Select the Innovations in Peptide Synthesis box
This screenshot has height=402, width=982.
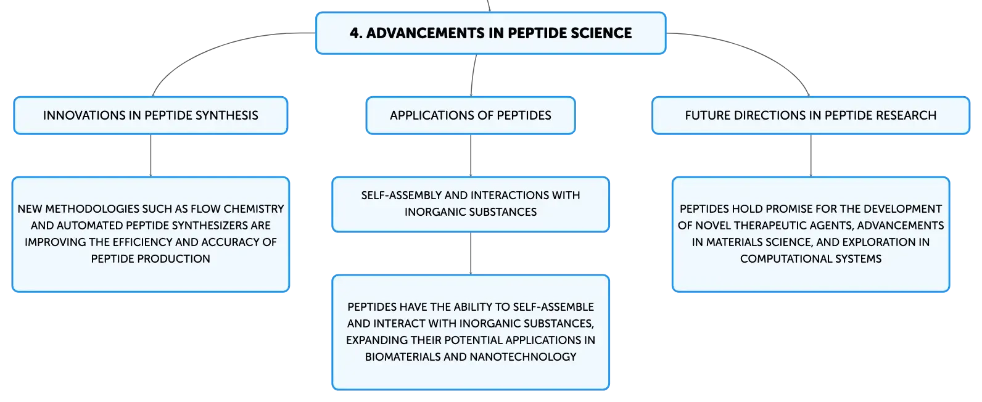click(x=151, y=115)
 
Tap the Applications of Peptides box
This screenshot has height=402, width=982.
click(x=471, y=115)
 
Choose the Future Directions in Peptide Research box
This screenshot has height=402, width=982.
click(x=811, y=115)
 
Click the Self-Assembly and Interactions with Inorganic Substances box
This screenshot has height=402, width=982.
click(x=471, y=204)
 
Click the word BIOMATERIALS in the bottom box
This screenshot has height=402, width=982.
click(x=402, y=357)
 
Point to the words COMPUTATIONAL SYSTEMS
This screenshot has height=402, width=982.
click(x=811, y=258)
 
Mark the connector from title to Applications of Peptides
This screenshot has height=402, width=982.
click(x=472, y=75)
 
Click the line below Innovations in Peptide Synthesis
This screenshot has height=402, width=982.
click(x=151, y=155)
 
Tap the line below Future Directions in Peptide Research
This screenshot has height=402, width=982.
click(x=811, y=155)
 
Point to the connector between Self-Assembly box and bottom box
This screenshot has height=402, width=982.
click(x=471, y=253)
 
